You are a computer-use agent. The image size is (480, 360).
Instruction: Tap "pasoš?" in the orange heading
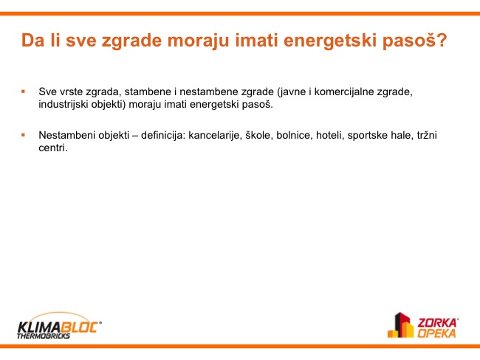(414, 41)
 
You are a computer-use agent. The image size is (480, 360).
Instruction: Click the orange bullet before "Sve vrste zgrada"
(24, 91)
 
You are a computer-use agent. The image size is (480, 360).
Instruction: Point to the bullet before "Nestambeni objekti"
(24, 134)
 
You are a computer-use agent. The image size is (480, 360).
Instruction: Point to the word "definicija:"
(163, 135)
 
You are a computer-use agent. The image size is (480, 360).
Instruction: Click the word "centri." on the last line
(53, 148)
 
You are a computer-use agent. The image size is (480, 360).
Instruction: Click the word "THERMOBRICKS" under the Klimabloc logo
(44, 336)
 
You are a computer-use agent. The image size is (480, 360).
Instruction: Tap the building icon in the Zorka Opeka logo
(401, 325)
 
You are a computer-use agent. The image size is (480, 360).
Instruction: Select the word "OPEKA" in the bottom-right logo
(437, 333)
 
